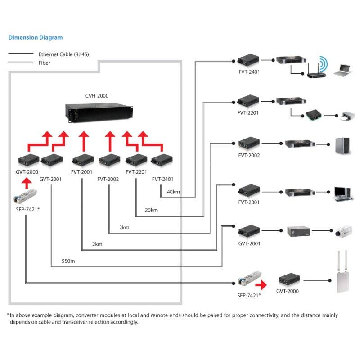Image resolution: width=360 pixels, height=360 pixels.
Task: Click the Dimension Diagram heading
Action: point(36,37)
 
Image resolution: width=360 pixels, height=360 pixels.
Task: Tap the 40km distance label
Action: point(173,192)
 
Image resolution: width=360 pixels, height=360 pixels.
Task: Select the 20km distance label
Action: point(152,210)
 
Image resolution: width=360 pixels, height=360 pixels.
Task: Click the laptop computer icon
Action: point(343,69)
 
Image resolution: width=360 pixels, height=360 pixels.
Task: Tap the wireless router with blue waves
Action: point(318,67)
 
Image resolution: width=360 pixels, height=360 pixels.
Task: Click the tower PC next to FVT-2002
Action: point(342,145)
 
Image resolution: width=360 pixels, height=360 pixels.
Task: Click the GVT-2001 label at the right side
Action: point(248,243)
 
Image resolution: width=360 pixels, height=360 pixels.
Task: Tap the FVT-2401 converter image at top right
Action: point(247,59)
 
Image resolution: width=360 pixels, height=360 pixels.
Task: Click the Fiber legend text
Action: point(44,63)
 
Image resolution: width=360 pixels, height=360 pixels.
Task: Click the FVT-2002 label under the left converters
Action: point(108,179)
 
